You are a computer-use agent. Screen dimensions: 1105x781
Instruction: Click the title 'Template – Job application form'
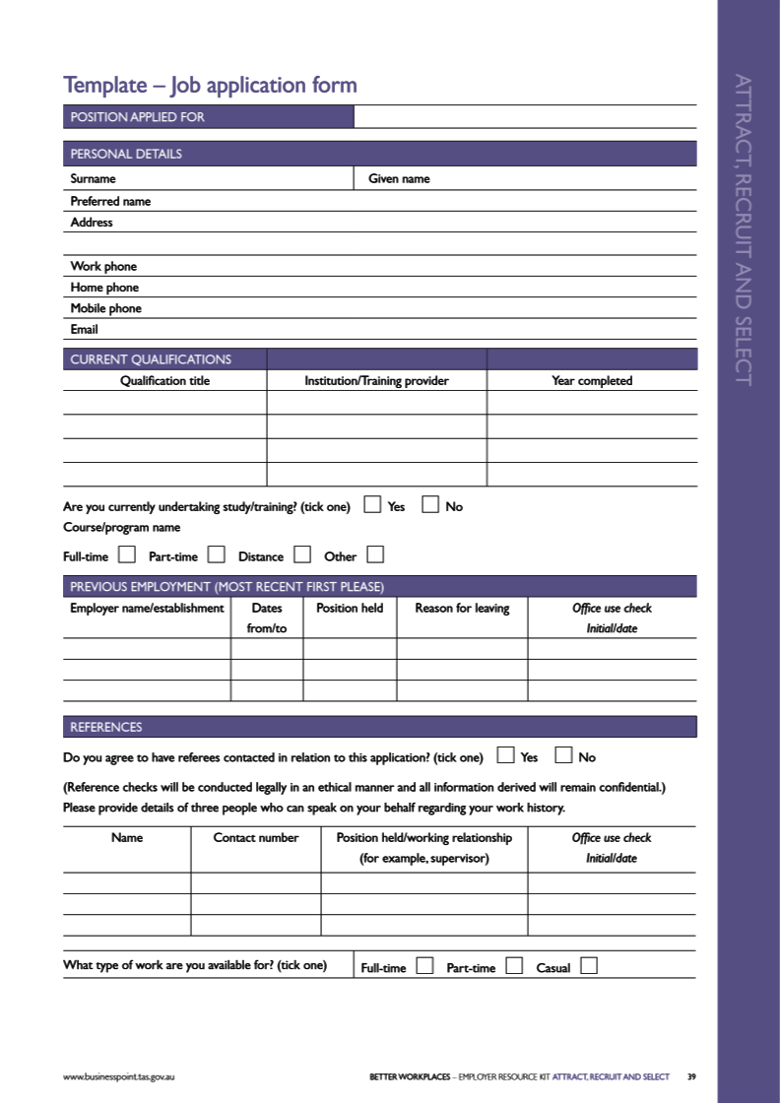pyautogui.click(x=210, y=86)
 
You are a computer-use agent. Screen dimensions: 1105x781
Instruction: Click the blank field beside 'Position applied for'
pyautogui.click(x=524, y=117)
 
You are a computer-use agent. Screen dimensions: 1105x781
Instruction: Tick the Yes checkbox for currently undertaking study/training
pyautogui.click(x=372, y=505)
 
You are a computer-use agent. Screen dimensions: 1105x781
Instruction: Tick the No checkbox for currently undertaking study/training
pyautogui.click(x=430, y=505)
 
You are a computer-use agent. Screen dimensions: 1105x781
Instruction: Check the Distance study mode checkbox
pyautogui.click(x=302, y=554)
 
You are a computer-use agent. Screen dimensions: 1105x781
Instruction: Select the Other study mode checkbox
pyautogui.click(x=375, y=554)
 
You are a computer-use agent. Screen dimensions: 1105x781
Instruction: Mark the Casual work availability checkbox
pyautogui.click(x=589, y=966)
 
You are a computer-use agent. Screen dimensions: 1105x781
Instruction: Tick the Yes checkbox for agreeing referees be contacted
pyautogui.click(x=506, y=756)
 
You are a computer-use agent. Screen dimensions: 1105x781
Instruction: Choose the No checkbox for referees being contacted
pyautogui.click(x=564, y=756)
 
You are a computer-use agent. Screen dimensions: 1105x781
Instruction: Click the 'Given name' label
pyautogui.click(x=399, y=179)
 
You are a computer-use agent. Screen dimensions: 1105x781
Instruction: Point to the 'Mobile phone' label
pyautogui.click(x=105, y=308)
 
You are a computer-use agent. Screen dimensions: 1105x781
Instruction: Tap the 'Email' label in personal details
pyautogui.click(x=84, y=330)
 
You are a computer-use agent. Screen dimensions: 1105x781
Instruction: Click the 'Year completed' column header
pyautogui.click(x=592, y=381)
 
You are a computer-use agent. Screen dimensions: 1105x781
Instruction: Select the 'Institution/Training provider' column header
pyautogui.click(x=376, y=381)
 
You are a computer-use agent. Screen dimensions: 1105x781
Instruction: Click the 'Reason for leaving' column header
pyautogui.click(x=462, y=609)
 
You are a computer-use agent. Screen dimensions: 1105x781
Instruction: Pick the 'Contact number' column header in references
pyautogui.click(x=256, y=838)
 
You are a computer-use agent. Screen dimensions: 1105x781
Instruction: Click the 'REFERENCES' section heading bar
pyautogui.click(x=379, y=727)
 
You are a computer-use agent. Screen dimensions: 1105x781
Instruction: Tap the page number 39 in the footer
pyautogui.click(x=691, y=1076)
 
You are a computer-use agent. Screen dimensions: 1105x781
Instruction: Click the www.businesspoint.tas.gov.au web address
pyautogui.click(x=119, y=1076)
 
